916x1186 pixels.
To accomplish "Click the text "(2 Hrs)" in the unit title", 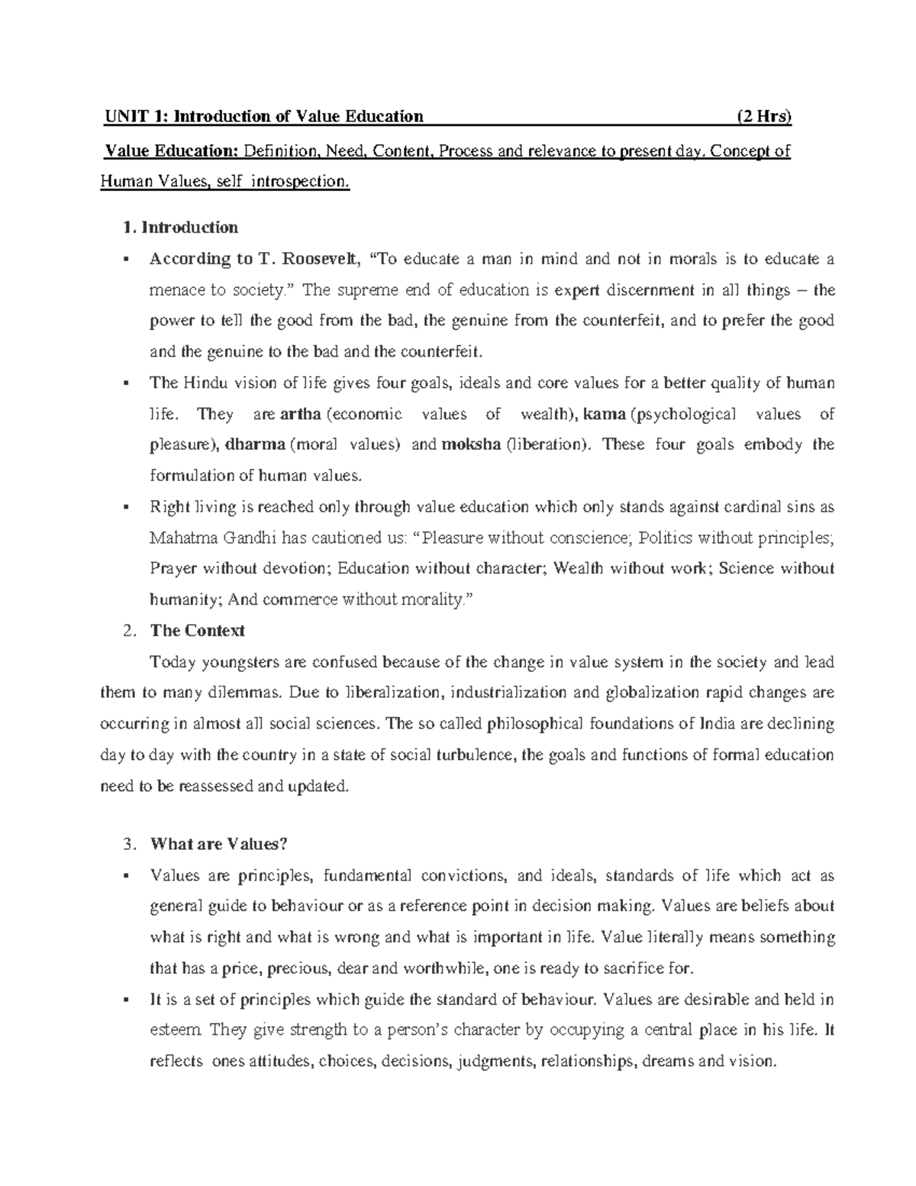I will tap(763, 117).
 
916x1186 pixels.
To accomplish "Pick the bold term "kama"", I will tap(604, 414).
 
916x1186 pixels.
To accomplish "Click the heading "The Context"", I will tap(198, 631).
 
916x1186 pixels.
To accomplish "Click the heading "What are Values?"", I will tap(219, 845).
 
